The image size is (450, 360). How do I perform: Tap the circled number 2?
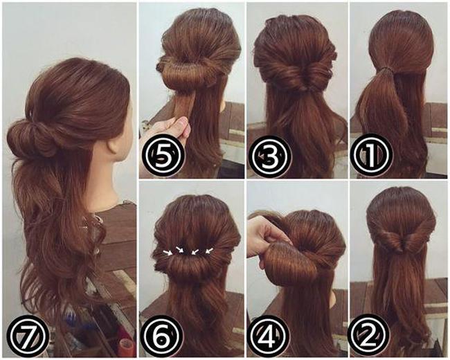tap(368, 336)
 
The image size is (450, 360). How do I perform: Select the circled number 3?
tap(269, 156)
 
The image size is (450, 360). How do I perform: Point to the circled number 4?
tap(269, 336)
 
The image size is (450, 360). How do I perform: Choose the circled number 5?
tap(163, 156)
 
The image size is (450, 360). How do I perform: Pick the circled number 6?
tap(163, 336)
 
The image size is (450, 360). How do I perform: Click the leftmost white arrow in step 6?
tap(168, 253)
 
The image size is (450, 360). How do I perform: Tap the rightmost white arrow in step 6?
tap(209, 251)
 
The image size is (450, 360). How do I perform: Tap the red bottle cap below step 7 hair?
tap(125, 343)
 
